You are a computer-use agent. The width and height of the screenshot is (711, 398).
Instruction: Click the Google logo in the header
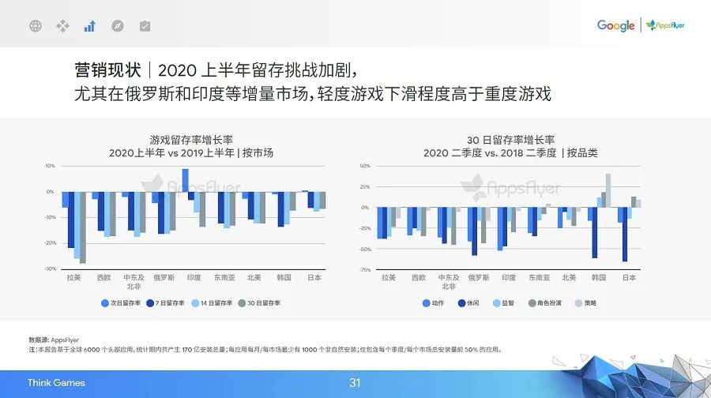click(615, 26)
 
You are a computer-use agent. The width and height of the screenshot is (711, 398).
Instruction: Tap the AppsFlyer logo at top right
click(666, 26)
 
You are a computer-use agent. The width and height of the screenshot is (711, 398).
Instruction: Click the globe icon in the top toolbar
click(35, 26)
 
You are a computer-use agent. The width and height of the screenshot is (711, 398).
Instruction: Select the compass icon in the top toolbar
click(117, 26)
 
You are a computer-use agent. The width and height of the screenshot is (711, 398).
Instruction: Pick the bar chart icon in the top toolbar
click(89, 26)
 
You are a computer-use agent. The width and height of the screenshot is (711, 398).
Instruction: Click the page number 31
click(355, 383)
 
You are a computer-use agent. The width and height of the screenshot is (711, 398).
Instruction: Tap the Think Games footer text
click(56, 383)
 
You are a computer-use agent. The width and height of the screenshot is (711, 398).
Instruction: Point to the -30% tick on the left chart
click(50, 269)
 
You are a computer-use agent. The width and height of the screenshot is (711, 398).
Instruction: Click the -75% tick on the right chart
click(365, 270)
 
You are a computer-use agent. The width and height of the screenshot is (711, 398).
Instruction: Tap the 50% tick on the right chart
click(365, 166)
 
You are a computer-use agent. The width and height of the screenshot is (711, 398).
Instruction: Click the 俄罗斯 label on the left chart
click(165, 278)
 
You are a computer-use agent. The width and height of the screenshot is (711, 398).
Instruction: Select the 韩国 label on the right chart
click(599, 278)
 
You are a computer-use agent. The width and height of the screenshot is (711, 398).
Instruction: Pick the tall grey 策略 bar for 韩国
click(608, 190)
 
